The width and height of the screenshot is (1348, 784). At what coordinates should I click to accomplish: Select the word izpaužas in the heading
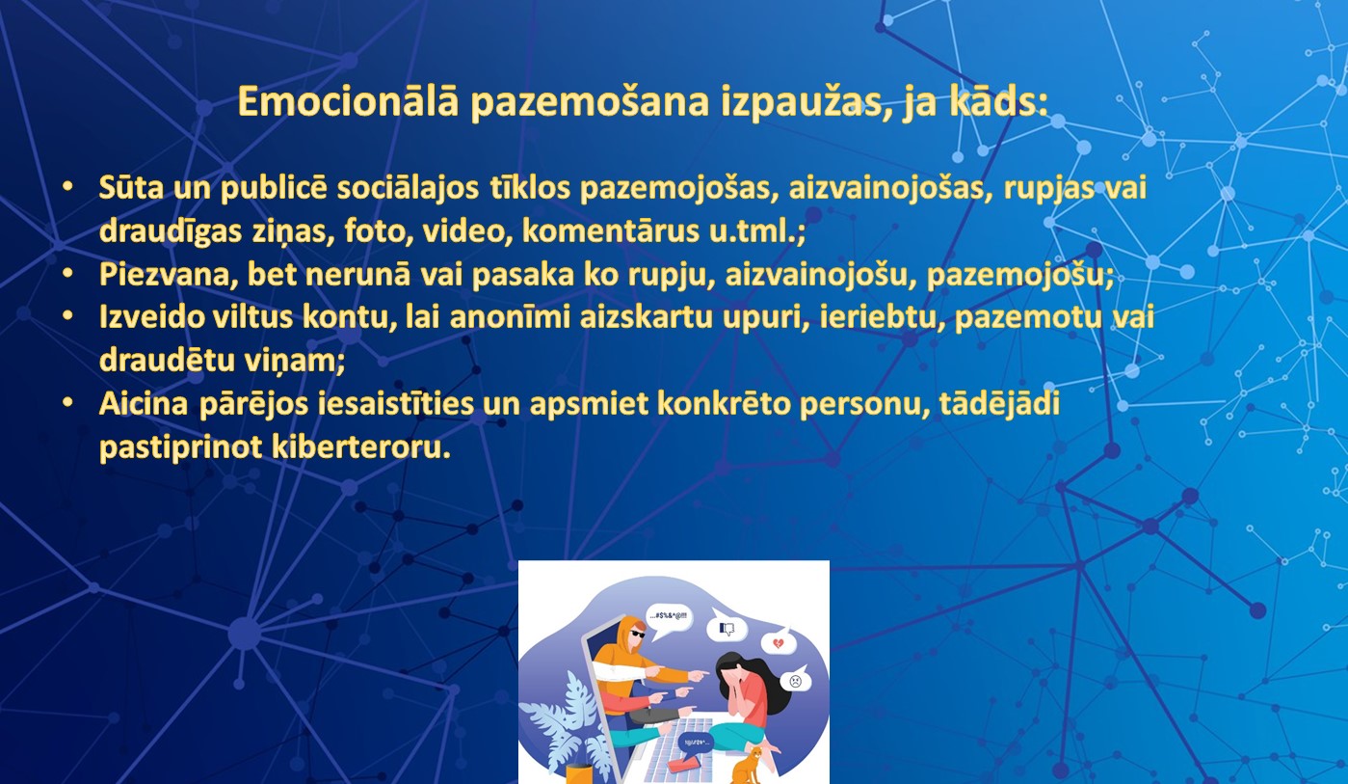(807, 102)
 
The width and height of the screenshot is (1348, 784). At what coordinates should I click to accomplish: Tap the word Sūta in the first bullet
(131, 187)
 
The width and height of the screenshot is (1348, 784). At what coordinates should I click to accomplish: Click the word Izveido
(151, 316)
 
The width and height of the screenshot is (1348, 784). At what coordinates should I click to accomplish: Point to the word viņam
(295, 361)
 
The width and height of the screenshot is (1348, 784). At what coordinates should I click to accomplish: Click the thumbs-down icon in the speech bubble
(727, 630)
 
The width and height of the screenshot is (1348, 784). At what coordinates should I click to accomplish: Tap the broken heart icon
(779, 644)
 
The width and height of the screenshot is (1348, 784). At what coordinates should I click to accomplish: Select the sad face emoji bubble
(796, 681)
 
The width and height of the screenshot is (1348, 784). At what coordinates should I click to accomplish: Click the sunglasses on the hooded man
(637, 634)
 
